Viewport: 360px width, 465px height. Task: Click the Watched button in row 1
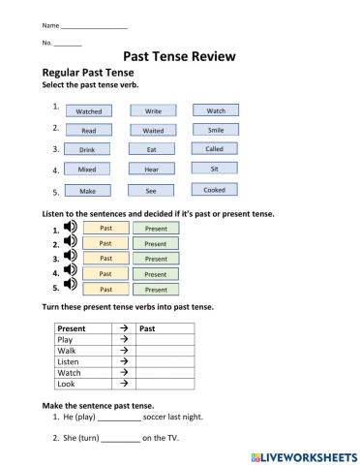tap(88, 111)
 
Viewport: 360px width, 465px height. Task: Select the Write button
tap(153, 111)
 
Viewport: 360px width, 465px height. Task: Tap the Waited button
tap(153, 130)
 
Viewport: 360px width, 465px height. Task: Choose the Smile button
tap(216, 130)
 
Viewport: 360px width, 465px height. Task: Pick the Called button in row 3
tap(215, 149)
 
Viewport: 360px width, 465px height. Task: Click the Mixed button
tap(88, 169)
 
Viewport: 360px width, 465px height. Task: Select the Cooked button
tap(215, 190)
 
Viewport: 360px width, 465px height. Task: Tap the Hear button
tap(153, 169)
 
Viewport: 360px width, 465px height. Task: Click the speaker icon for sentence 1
tap(70, 229)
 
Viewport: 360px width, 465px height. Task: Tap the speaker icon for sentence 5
tap(70, 288)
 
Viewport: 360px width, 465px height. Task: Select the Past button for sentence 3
tap(106, 259)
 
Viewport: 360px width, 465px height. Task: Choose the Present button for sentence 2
tap(156, 243)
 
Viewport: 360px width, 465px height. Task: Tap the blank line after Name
tap(80, 23)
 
